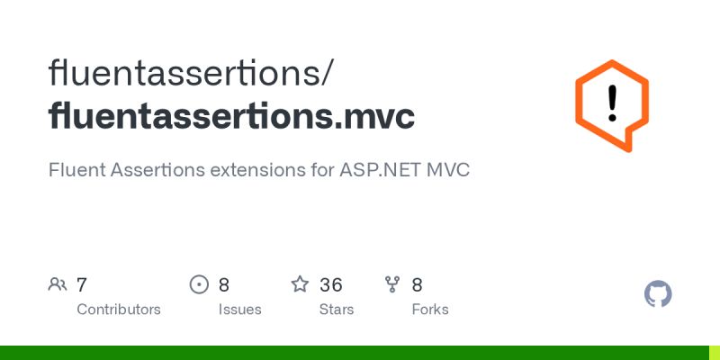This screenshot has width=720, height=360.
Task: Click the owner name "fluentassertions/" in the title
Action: click(x=193, y=72)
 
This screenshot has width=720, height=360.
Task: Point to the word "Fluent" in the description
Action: click(x=76, y=169)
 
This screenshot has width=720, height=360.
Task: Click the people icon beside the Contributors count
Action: click(x=58, y=285)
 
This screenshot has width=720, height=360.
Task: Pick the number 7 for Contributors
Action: click(x=82, y=285)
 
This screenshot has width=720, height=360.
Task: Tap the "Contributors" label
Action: click(x=119, y=310)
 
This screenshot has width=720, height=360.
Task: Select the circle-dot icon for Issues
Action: click(x=199, y=285)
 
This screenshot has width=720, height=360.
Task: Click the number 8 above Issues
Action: click(x=224, y=285)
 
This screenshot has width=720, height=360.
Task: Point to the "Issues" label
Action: click(x=239, y=310)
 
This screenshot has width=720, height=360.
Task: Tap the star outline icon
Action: click(x=300, y=285)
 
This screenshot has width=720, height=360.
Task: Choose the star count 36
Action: click(x=331, y=285)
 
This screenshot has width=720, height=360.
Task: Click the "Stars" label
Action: click(x=337, y=310)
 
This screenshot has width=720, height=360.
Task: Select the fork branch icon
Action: click(x=392, y=285)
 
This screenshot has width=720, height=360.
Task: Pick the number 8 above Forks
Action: click(x=418, y=285)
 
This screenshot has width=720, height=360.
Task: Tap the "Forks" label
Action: click(x=429, y=310)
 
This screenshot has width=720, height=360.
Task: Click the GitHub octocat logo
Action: click(x=659, y=294)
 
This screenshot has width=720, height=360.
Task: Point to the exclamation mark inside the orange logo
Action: click(x=613, y=103)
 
